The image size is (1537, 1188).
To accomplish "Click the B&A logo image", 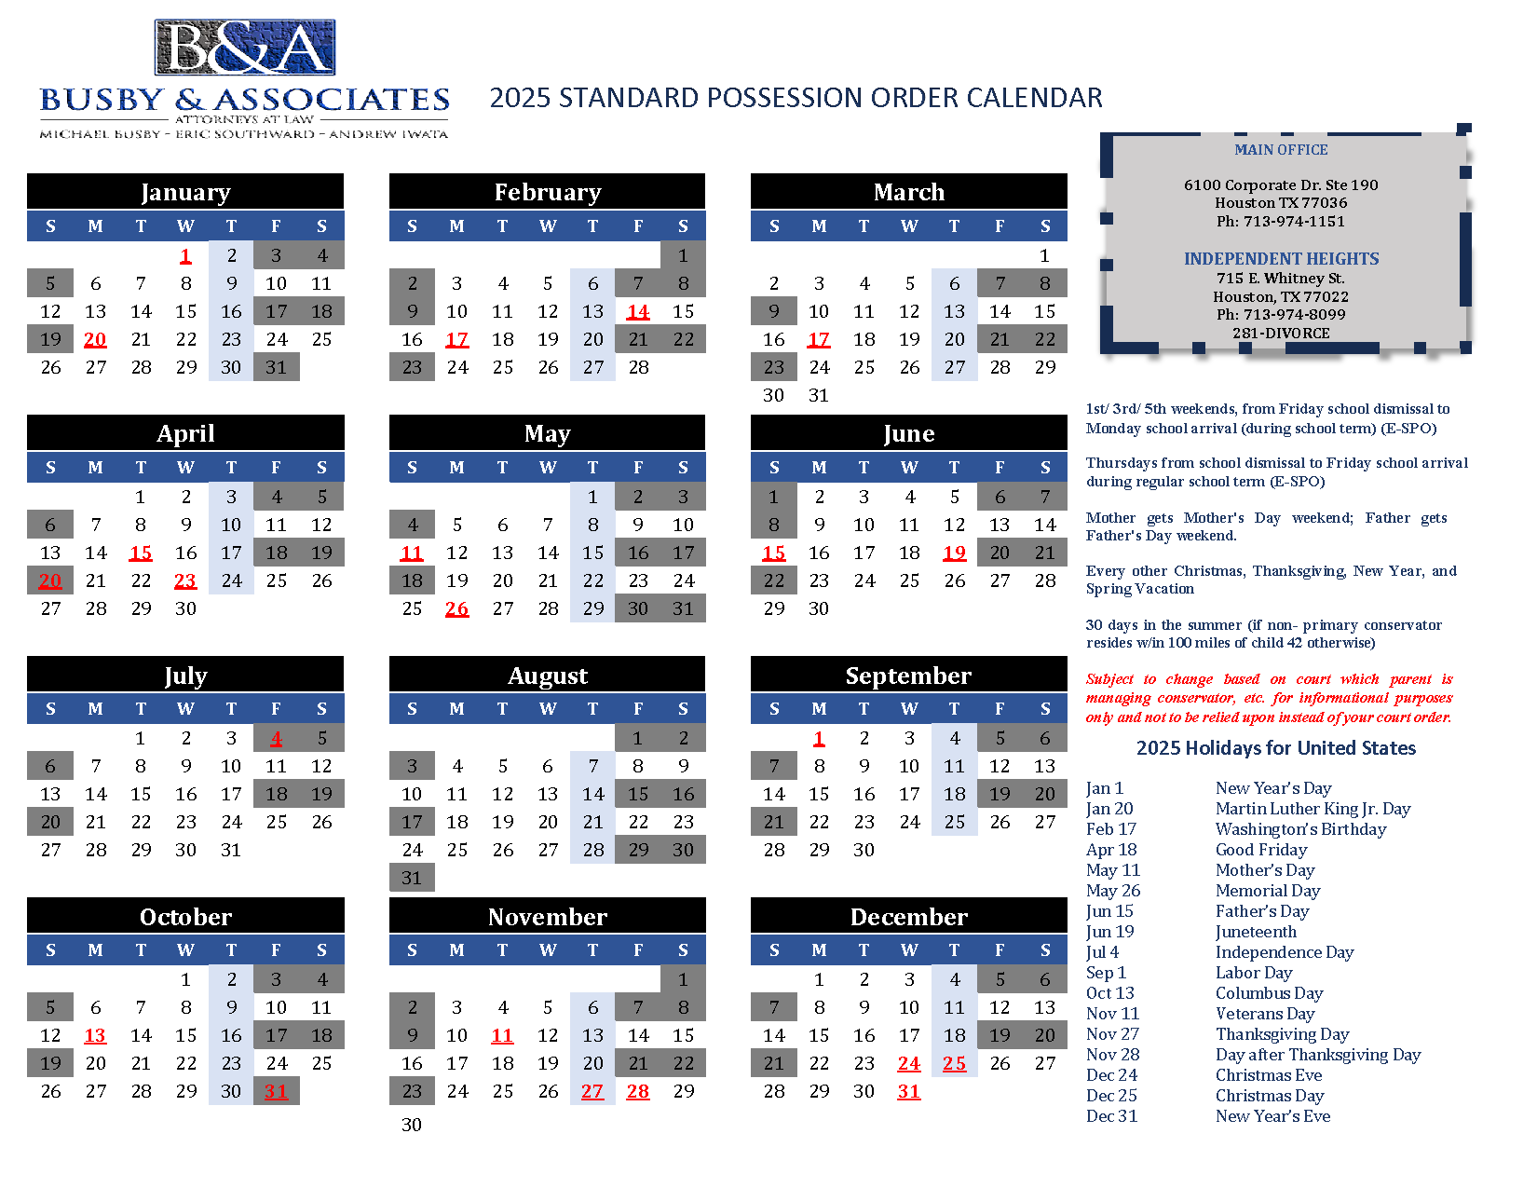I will coord(245,48).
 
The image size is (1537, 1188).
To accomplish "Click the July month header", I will coord(185,675).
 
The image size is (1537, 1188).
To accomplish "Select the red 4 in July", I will coord(276,738).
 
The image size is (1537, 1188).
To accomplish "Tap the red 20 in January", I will coord(95,339).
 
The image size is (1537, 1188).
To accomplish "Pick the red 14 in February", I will coord(638,311).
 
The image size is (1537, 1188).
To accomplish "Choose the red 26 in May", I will coord(456,608).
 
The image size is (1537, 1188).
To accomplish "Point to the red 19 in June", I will coord(954,553).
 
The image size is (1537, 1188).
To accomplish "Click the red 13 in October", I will coord(95,1035).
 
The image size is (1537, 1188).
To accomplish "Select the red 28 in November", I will coord(638,1091).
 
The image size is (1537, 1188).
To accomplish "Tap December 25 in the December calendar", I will coord(954,1063).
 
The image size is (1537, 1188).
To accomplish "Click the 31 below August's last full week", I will coord(412,878).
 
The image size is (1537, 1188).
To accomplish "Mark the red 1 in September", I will coord(819,738).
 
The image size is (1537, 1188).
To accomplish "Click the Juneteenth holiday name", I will coord(1256,932).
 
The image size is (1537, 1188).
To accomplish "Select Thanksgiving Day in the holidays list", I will coord(1282,1034).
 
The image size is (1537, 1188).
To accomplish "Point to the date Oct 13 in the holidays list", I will coord(1110,993).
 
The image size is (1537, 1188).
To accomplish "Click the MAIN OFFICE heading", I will coord(1281,150).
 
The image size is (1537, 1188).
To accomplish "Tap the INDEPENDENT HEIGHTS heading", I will coord(1281,259).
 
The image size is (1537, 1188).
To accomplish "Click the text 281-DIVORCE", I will coord(1281,333).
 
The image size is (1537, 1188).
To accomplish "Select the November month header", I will coord(548,917).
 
